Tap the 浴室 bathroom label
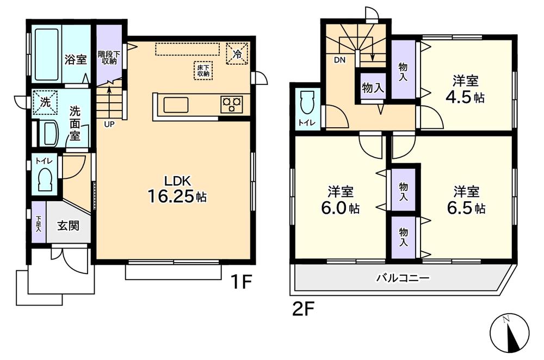tap(76, 59)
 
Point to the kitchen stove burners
tap(232, 104)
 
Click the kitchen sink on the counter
tap(176, 104)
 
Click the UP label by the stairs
tap(109, 124)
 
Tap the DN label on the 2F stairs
tap(339, 60)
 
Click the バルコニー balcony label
tap(403, 278)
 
